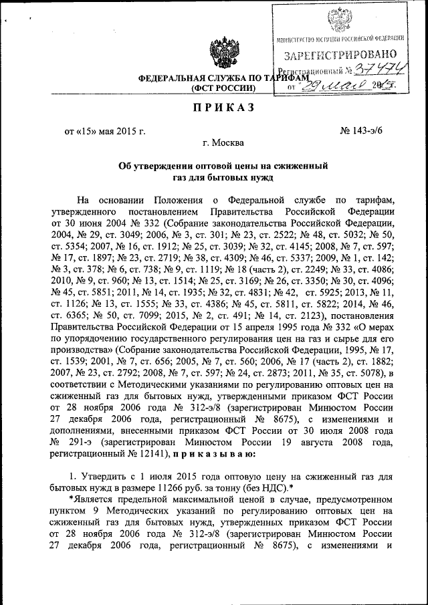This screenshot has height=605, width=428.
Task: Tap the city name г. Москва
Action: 223,142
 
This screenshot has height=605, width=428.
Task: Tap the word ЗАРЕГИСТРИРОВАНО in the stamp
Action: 340,54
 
